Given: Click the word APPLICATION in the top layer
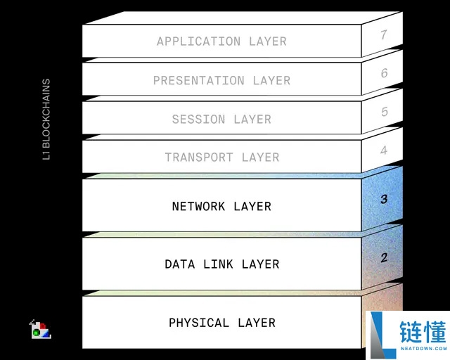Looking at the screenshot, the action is pos(198,41).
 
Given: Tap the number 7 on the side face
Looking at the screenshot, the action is pos(384,34).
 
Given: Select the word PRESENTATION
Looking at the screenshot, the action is pos(198,80).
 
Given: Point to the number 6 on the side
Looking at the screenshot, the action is pos(385,73).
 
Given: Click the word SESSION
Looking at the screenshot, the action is pos(198,119).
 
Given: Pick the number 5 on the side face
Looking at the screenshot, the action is pos(385,112).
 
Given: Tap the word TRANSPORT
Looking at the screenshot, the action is pos(198,157).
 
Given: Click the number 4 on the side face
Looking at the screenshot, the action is pos(384,150).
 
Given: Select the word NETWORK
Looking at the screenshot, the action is pos(198,207).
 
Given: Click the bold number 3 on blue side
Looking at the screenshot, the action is pos(384,199).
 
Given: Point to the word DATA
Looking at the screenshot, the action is pos(180,264).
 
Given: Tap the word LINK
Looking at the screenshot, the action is pos(218,264).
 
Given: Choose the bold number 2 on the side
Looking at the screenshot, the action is pos(384,257).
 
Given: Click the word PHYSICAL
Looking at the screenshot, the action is pos(198,323).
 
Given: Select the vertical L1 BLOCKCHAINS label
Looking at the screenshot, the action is pos(46,119).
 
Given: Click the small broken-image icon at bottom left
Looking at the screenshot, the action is pos(40,329).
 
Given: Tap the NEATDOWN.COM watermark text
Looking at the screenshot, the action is pos(423,349).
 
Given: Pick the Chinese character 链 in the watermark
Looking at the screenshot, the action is pos(411,332).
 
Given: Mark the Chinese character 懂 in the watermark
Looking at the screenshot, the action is pos(435,332).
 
